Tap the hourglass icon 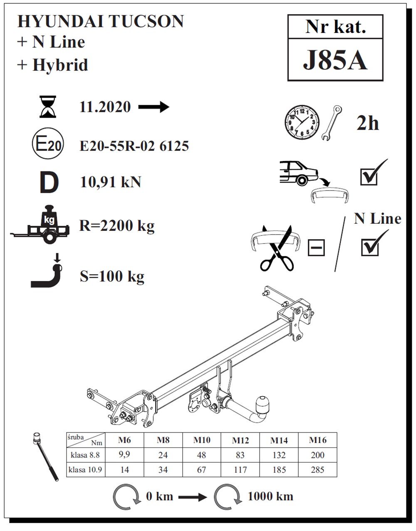(48, 107)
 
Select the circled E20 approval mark (48, 144)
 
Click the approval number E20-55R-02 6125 (134, 146)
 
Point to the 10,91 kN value (111, 182)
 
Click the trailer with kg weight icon (40, 224)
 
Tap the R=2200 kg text (117, 226)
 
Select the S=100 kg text (112, 277)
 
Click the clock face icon (302, 123)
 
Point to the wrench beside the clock (332, 123)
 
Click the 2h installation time (368, 123)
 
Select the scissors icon (277, 248)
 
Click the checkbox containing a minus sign (316, 248)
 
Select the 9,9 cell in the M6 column (124, 454)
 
